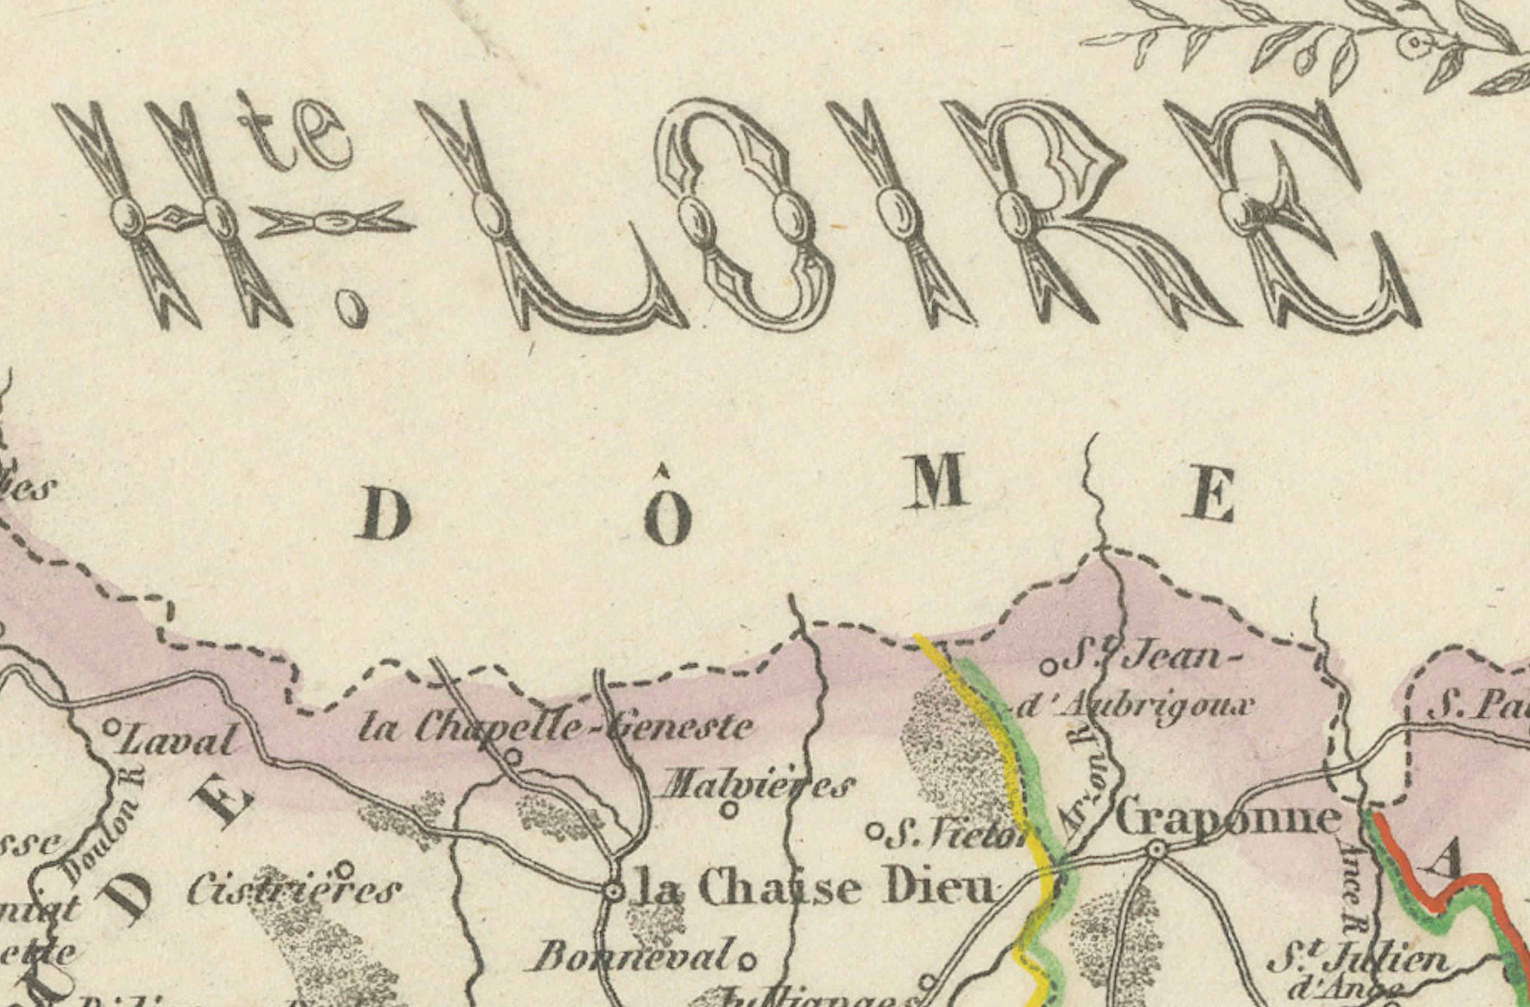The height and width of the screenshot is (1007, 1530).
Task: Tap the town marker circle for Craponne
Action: coord(1156,850)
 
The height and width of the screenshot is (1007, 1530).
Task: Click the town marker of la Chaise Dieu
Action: coord(614,892)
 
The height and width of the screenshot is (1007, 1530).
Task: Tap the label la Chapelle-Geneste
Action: coord(556,728)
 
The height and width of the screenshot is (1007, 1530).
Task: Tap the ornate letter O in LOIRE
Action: coord(746,215)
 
